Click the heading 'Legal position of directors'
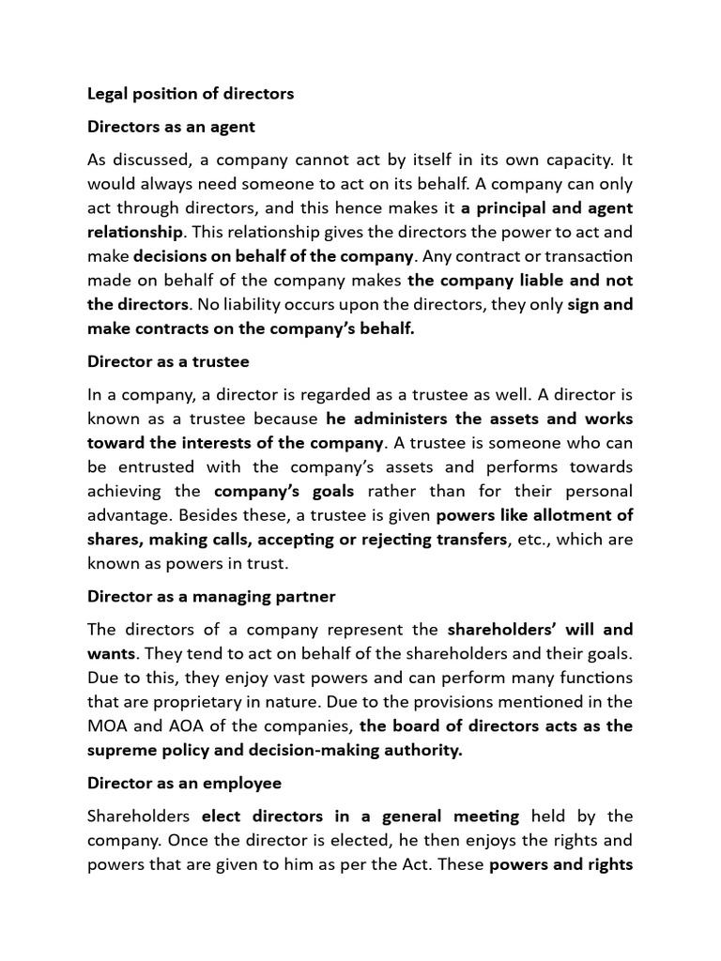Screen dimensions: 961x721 pos(191,94)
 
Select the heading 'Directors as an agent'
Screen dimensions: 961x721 pos(171,126)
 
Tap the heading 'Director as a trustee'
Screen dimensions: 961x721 pos(168,360)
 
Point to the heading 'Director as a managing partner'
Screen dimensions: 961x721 pos(211,596)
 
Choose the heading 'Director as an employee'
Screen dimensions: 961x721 pos(184,783)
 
